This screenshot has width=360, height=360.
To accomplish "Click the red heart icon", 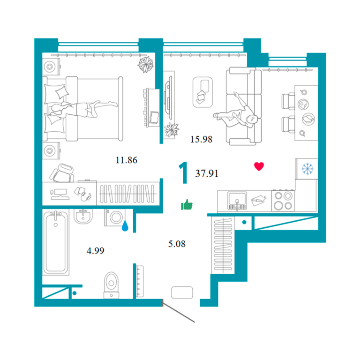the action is (x=259, y=166).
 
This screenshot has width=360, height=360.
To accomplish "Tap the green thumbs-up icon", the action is (x=187, y=204).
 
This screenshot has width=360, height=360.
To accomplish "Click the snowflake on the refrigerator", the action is (x=307, y=169).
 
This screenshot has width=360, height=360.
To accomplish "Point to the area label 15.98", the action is (x=202, y=139).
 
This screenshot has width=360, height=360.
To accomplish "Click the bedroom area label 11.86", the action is (x=127, y=160).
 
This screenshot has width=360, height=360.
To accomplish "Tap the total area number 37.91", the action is (x=207, y=173).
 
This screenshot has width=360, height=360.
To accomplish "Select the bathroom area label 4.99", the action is (x=95, y=250).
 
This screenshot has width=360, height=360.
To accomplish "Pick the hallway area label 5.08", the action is (x=177, y=244).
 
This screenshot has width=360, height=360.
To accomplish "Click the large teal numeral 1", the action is (x=184, y=172).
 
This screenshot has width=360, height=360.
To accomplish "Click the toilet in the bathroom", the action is (x=112, y=285).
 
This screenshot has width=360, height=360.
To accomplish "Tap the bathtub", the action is (x=56, y=243).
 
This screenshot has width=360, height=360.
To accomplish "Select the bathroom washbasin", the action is (x=83, y=216).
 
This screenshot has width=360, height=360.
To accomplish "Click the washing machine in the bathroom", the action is (x=115, y=217).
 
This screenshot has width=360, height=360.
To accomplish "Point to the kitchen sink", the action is (x=237, y=201).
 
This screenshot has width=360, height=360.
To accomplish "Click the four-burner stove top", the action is (x=283, y=201).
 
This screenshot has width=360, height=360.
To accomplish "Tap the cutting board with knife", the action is (x=258, y=201).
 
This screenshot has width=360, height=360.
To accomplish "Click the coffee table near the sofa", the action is (x=202, y=92).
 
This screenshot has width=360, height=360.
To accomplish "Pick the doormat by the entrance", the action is (x=182, y=292).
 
